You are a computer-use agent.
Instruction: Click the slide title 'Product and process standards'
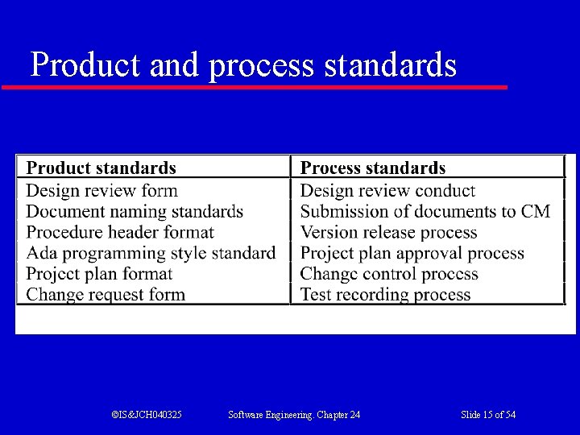[x=243, y=64]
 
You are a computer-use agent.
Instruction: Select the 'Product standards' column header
[x=101, y=168]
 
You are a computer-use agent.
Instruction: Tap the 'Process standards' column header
[x=372, y=168]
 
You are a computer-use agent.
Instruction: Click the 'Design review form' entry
[x=101, y=191]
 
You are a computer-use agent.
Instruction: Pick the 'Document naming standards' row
[x=135, y=212]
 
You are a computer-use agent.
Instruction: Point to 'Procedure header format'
[x=120, y=233]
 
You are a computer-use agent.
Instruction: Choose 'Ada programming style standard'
[x=151, y=253]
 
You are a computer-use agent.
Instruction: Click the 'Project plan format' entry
[x=99, y=274]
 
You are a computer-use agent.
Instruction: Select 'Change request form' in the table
[x=106, y=295]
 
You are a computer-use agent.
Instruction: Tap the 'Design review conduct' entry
[x=387, y=191]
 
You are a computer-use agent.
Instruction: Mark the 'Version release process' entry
[x=388, y=233]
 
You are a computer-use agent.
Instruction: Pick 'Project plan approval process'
[x=412, y=253]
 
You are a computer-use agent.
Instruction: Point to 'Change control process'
[x=389, y=274]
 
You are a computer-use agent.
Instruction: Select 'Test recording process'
[x=385, y=295]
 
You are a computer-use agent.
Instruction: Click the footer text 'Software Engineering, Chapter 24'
[x=294, y=415]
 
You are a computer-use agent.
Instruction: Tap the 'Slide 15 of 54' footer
[x=488, y=415]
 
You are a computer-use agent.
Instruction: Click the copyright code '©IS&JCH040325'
[x=147, y=415]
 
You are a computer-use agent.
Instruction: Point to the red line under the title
[x=255, y=87]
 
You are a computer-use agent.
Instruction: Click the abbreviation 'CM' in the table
[x=536, y=212]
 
